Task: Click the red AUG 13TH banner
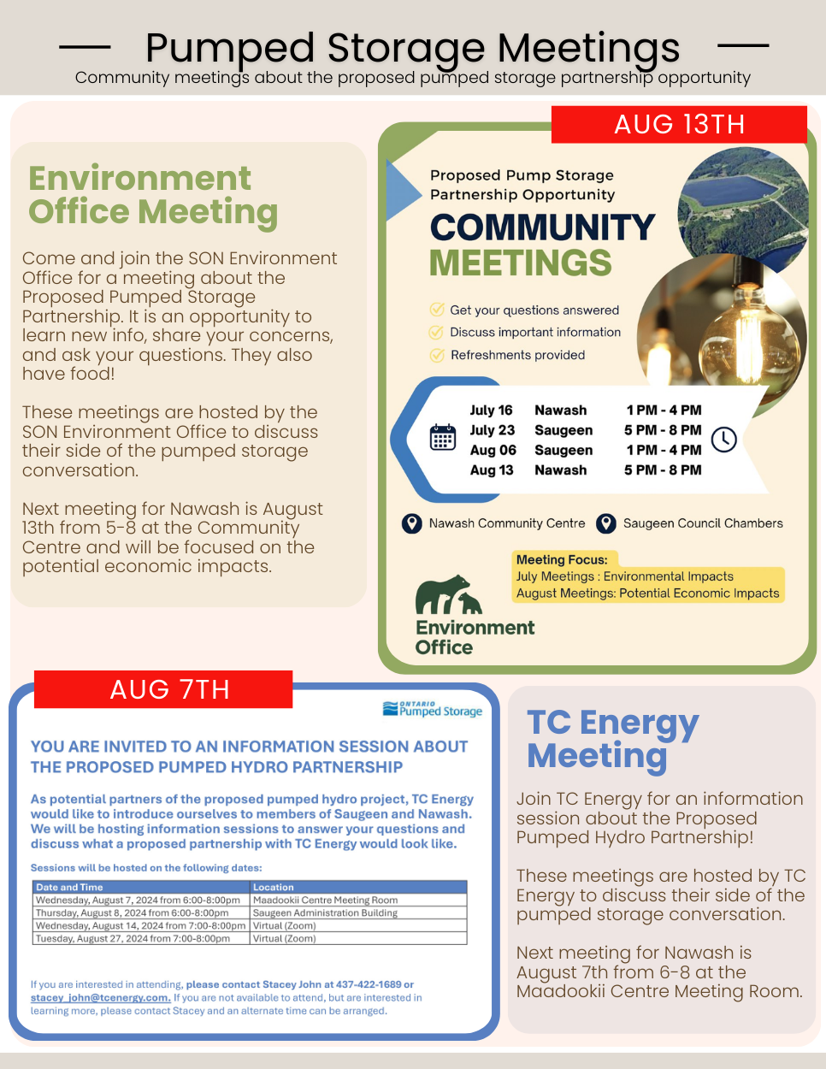[679, 125]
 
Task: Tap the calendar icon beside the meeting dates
[443, 437]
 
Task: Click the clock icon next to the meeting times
[723, 440]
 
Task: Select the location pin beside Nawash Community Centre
[411, 523]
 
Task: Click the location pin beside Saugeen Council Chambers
[605, 523]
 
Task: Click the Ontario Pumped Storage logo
[433, 709]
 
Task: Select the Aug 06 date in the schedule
[493, 451]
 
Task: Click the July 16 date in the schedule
[491, 410]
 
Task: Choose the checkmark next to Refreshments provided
[437, 355]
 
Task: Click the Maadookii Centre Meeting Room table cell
[325, 900]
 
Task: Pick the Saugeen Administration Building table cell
[325, 912]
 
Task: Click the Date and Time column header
[69, 888]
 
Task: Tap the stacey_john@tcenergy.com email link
[100, 997]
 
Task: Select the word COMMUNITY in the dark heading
[542, 227]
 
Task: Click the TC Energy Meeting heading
[612, 739]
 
